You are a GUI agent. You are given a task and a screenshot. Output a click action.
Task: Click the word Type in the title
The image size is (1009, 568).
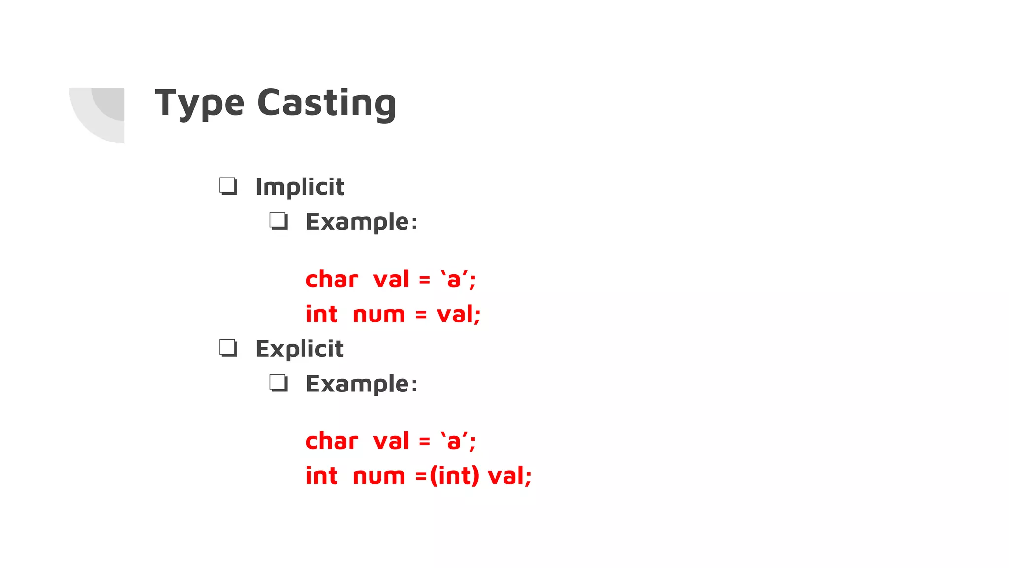[200, 104]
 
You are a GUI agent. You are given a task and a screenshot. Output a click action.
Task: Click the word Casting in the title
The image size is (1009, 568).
[326, 104]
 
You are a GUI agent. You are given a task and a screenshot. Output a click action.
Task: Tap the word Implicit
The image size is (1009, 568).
[300, 187]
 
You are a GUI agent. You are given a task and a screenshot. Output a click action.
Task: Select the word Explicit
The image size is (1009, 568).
[299, 349]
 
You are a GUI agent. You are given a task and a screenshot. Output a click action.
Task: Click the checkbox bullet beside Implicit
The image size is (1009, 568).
[228, 186]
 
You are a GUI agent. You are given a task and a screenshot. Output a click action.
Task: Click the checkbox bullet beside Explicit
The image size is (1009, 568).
[228, 348]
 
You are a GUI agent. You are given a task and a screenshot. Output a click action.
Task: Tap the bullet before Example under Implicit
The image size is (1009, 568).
[279, 221]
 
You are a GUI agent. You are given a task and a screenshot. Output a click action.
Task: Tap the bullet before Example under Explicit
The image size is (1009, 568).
[279, 383]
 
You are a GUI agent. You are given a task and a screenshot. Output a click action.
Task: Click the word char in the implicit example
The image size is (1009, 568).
[332, 279]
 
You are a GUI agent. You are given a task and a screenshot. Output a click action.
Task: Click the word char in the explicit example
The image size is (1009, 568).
[332, 441]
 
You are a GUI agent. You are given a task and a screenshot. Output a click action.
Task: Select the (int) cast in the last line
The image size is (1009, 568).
[454, 476]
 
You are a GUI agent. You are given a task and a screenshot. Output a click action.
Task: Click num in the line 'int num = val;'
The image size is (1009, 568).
[378, 315]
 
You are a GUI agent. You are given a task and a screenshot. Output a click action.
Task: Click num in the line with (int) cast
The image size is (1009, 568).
[378, 476]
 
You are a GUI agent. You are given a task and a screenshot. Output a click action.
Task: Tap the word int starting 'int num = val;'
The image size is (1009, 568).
[322, 314]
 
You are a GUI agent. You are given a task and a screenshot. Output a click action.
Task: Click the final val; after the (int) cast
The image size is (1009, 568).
[509, 476]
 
